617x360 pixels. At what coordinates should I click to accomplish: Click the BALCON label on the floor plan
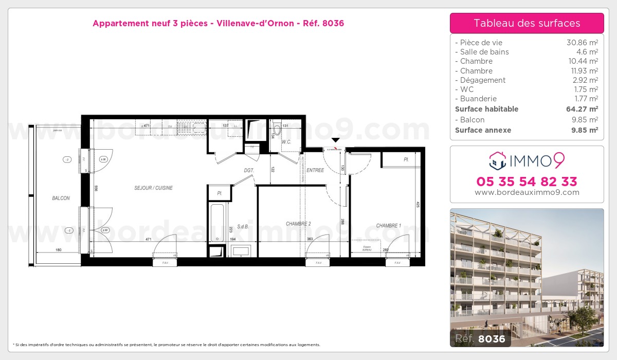(61, 198)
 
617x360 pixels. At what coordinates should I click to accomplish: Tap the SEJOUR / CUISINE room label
(150, 188)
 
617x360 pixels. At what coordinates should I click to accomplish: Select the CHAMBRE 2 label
(299, 224)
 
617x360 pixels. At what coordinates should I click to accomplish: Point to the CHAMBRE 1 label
(388, 225)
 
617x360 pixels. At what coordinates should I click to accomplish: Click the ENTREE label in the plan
(315, 170)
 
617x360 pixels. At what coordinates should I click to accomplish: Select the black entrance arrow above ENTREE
(336, 140)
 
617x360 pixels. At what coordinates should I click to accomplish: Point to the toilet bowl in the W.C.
(277, 130)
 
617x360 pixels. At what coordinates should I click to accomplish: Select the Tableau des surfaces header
(527, 23)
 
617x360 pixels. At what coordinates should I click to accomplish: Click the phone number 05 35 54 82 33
(527, 182)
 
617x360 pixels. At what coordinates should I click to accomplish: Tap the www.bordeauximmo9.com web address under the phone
(527, 192)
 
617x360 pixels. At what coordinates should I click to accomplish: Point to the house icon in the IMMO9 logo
(497, 160)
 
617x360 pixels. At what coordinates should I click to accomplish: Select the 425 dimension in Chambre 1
(418, 205)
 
